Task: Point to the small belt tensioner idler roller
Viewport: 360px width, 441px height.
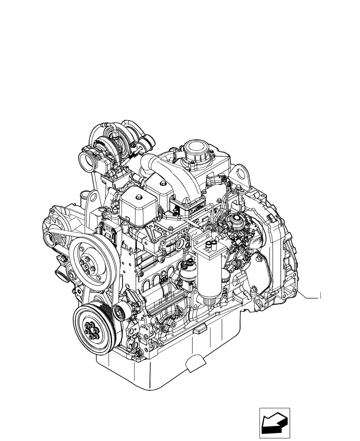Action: pyautogui.click(x=120, y=313)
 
